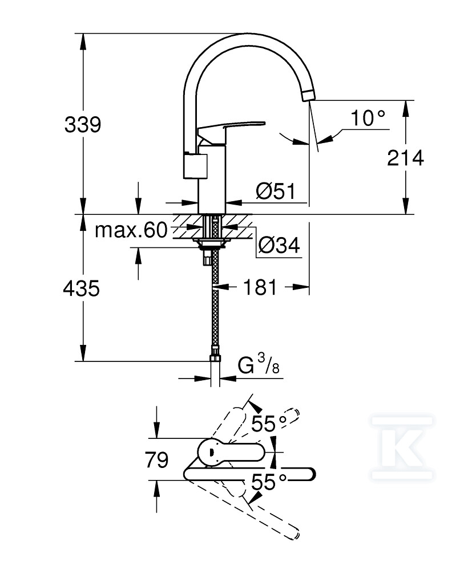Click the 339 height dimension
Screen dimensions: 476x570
click(83, 124)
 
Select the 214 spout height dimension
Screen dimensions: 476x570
click(405, 158)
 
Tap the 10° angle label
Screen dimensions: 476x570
click(368, 118)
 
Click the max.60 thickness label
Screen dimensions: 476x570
click(131, 230)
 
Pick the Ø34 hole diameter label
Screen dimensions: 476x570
click(279, 245)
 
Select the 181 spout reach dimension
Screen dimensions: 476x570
click(260, 287)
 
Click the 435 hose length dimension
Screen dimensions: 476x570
click(81, 288)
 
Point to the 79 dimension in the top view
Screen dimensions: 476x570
click(157, 459)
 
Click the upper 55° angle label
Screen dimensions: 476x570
click(269, 424)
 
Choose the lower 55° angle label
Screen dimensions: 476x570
click(269, 483)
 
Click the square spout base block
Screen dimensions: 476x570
click(195, 165)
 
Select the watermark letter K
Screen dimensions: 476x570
click(402, 448)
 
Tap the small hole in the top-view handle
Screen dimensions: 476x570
click(211, 452)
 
